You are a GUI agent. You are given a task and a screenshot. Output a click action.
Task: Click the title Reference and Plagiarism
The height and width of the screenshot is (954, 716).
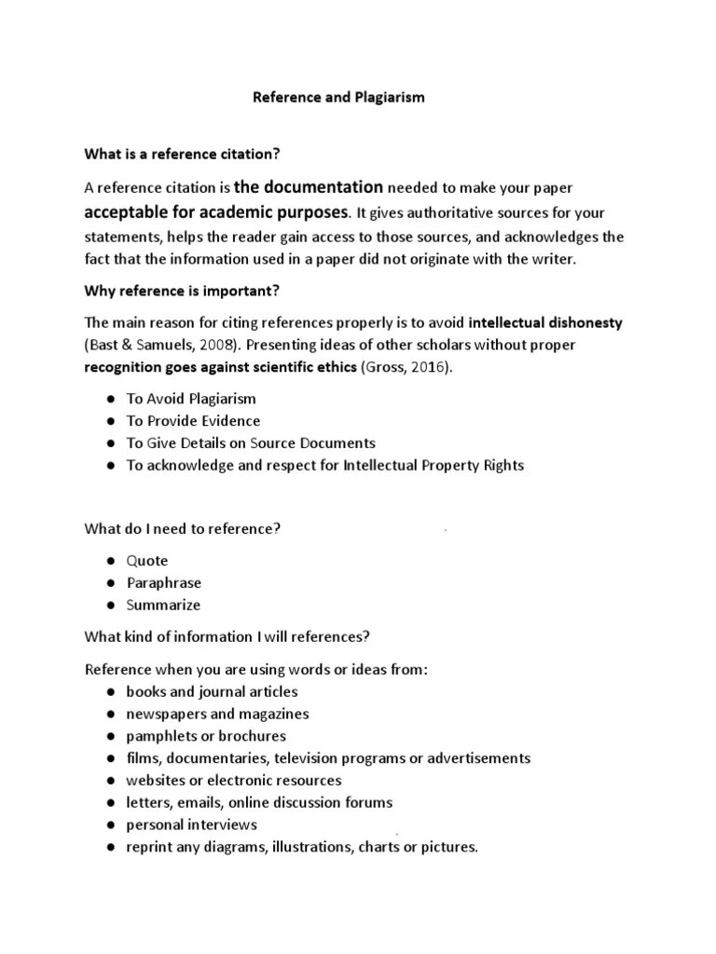pyautogui.click(x=338, y=97)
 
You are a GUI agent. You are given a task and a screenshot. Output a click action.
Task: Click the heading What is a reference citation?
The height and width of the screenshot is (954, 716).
pyautogui.click(x=183, y=153)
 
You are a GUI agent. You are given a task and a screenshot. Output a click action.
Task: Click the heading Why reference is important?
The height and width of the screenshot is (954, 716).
pyautogui.click(x=183, y=291)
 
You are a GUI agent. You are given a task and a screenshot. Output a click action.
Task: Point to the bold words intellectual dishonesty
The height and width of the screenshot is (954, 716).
pyautogui.click(x=545, y=323)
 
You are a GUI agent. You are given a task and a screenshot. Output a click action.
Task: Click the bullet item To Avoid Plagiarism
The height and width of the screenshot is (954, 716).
pyautogui.click(x=191, y=399)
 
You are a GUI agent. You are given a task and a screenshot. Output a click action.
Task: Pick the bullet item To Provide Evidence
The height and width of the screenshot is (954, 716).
pyautogui.click(x=193, y=421)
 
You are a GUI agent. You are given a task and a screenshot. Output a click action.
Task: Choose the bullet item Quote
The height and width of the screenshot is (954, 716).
pyautogui.click(x=147, y=561)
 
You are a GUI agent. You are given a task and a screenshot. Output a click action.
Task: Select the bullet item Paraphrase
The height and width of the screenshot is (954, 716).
pyautogui.click(x=164, y=583)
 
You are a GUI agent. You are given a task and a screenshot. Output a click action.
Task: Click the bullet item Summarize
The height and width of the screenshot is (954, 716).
pyautogui.click(x=163, y=606)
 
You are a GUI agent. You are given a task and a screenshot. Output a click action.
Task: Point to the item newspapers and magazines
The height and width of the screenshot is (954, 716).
pyautogui.click(x=217, y=714)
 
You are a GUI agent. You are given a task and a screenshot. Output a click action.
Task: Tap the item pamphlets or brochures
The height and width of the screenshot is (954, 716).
pyautogui.click(x=206, y=736)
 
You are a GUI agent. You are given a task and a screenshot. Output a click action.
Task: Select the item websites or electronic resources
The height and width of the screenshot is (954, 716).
pyautogui.click(x=234, y=780)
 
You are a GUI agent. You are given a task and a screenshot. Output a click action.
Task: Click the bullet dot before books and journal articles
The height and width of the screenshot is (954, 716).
pyautogui.click(x=109, y=692)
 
